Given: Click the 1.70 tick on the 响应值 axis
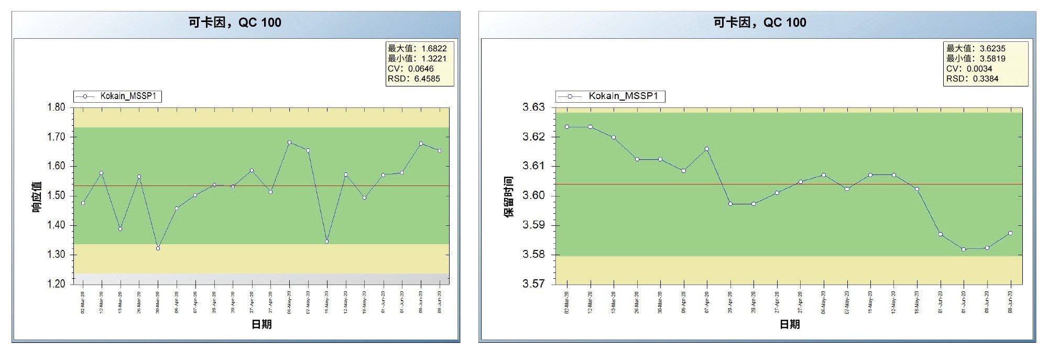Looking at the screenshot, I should (57, 137).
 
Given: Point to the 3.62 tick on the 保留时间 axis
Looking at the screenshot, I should (533, 137).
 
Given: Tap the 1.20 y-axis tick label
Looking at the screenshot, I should (57, 284).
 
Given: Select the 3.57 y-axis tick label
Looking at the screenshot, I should (533, 284).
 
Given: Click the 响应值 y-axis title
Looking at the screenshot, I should (37, 197).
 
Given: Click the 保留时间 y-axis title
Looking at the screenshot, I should (509, 197).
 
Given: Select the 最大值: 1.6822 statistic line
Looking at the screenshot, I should (417, 49).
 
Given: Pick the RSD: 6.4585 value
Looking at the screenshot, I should (414, 79).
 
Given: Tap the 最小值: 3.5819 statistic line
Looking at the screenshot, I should (976, 59).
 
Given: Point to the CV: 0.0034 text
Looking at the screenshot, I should (969, 69).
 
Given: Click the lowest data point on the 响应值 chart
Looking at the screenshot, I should (158, 248).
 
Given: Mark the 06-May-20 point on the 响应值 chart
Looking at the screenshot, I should (289, 143).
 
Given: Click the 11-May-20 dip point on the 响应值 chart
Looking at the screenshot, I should (327, 242).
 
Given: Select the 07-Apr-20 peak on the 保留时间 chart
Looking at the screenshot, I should (707, 149).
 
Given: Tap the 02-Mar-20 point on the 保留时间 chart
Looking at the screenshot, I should (567, 127).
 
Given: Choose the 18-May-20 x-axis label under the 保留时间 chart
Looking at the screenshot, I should (917, 302).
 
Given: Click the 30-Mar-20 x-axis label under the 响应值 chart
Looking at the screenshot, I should (158, 302).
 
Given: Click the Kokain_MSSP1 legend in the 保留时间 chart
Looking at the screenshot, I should (610, 96).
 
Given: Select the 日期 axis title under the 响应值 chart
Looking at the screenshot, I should (261, 324).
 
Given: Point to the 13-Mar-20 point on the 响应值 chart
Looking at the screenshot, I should (120, 229).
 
